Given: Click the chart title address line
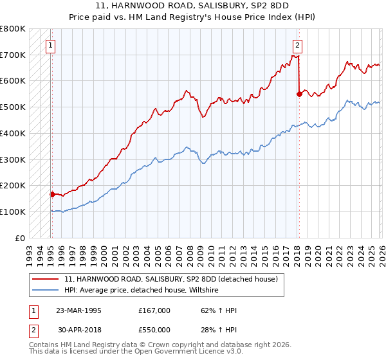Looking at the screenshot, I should click(x=192, y=6).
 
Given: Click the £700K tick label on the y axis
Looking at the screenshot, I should click(x=13, y=55).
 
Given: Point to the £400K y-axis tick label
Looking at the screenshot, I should click(x=13, y=133).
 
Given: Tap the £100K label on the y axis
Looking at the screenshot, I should click(x=13, y=212).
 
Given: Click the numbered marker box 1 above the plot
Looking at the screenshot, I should click(x=50, y=45).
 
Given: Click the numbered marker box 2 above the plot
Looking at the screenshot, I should click(x=298, y=45).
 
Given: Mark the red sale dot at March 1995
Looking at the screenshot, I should click(x=52, y=194).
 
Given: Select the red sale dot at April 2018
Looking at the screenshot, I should click(x=299, y=94).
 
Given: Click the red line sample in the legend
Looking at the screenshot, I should click(x=44, y=279).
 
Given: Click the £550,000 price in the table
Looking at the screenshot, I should click(x=154, y=329).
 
